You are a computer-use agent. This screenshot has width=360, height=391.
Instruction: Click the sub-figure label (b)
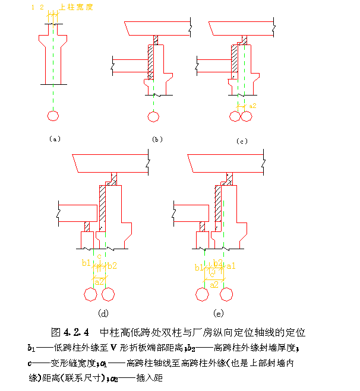click(x=157, y=139)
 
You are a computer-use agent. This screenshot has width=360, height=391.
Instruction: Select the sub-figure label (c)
click(x=241, y=141)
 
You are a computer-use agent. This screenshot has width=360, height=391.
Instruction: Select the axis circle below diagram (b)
click(x=154, y=116)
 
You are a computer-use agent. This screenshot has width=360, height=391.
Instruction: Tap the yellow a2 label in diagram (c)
click(x=252, y=106)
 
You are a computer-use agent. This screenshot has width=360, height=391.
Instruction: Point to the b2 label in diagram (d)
click(x=112, y=265)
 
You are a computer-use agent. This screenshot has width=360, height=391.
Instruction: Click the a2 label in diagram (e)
click(x=214, y=284)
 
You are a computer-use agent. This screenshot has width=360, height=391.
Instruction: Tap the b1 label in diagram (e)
click(x=199, y=267)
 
